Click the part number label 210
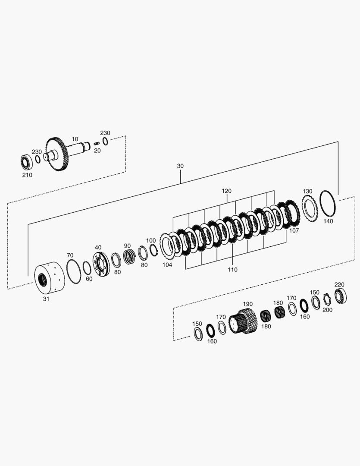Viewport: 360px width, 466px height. pos(27,175)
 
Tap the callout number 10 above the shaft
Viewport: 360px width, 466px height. pos(75,139)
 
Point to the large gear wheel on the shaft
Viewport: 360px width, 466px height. pos(57,154)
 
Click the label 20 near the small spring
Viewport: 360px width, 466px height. pos(97,151)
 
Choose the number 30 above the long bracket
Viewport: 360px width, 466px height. pos(180,166)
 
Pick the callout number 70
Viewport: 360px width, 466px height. pos(70,255)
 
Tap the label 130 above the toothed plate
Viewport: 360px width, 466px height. pos(307,191)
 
